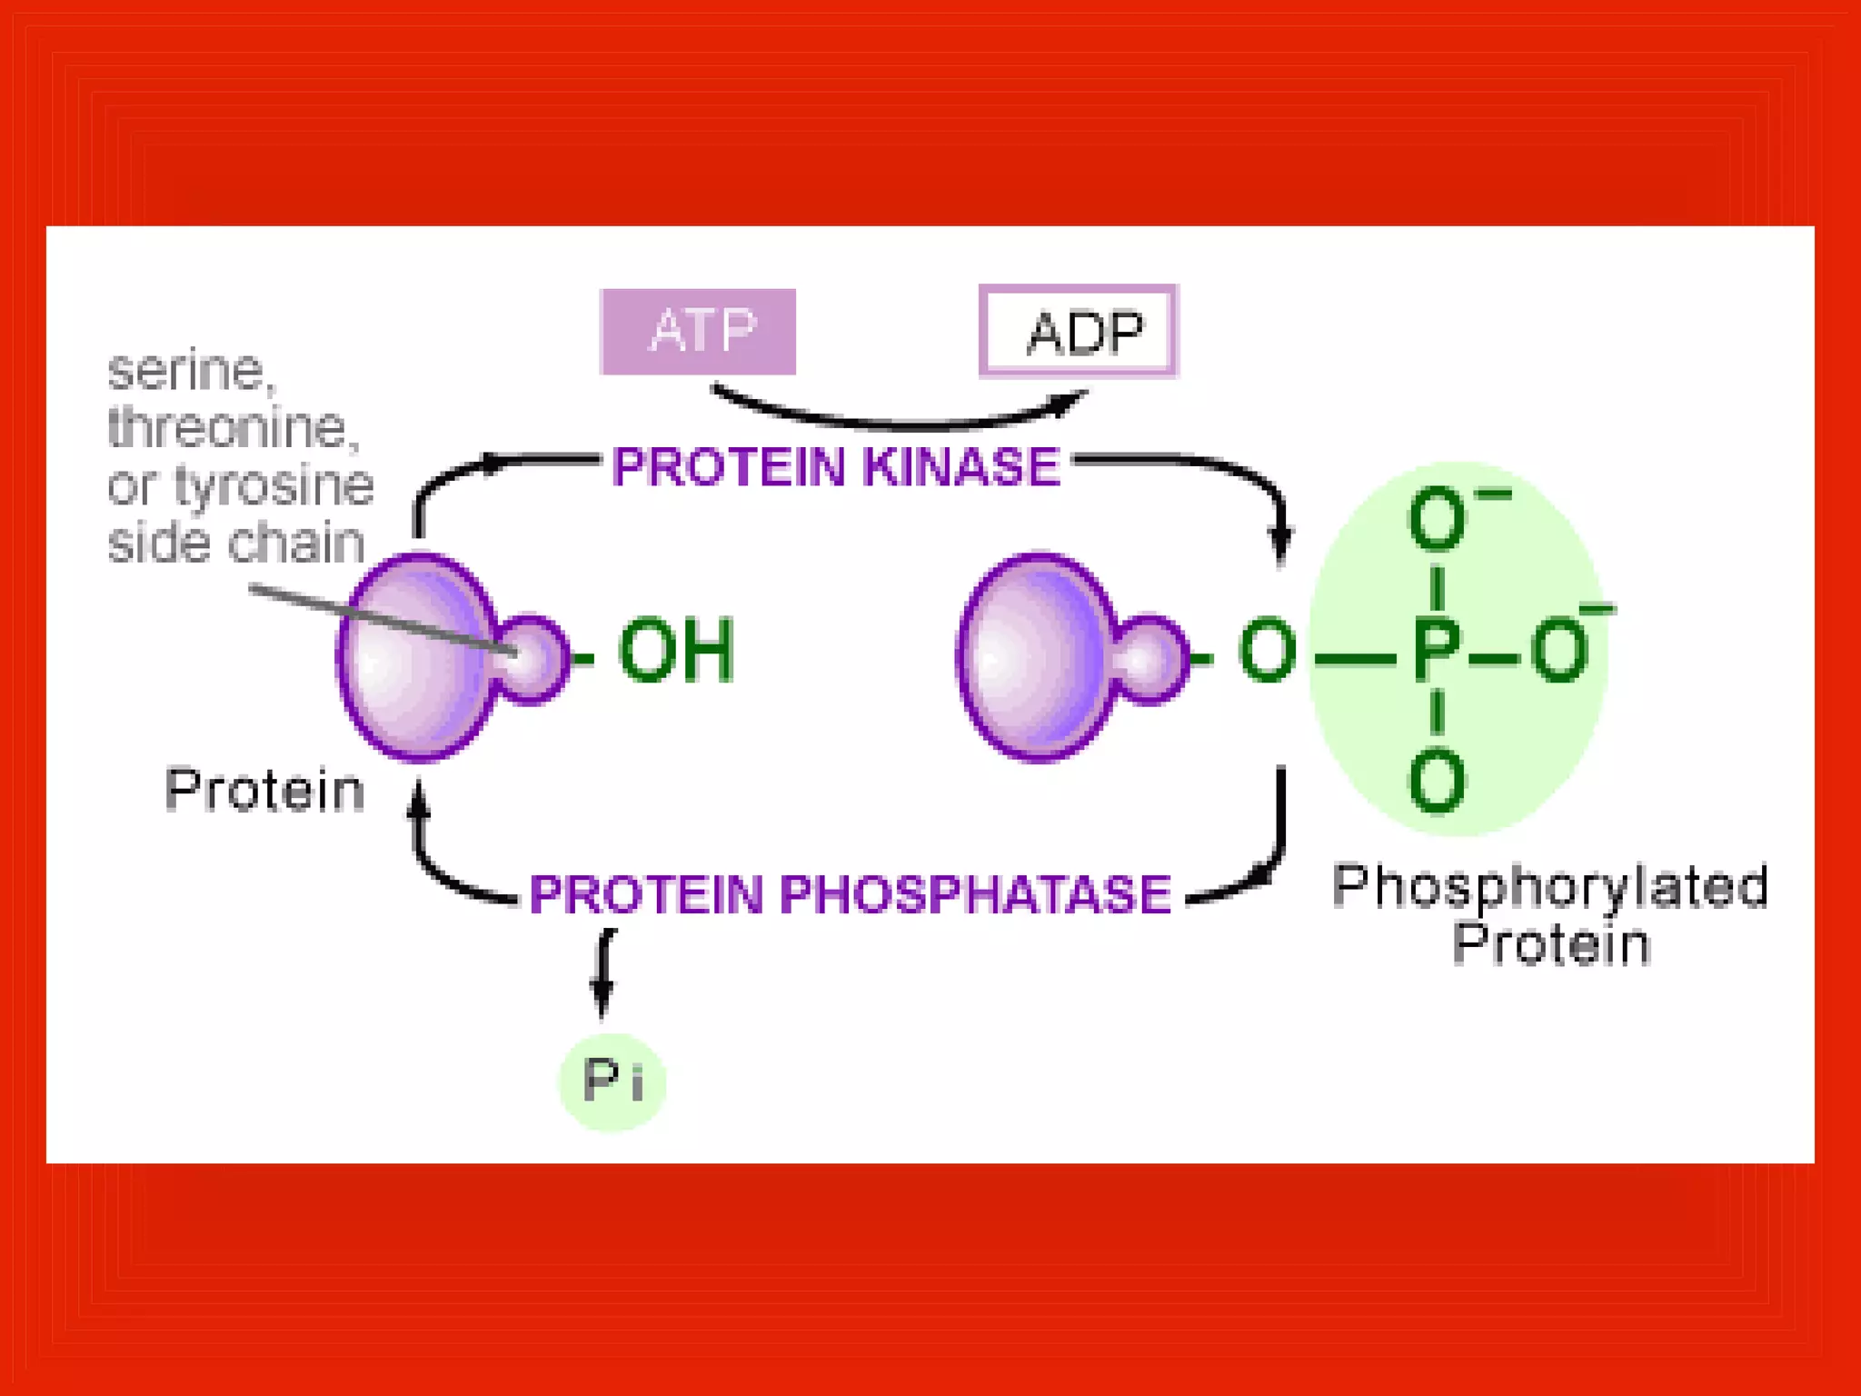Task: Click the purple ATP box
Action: pos(698,331)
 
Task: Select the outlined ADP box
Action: pos(1079,331)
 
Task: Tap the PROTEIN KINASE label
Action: pos(836,466)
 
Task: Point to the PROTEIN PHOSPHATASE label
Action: pos(851,894)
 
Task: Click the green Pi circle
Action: pos(612,1082)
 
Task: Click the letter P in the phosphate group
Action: pos(1437,651)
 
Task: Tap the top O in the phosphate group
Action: pos(1437,519)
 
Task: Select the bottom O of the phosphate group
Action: pos(1437,782)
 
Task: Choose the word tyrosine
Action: pos(273,486)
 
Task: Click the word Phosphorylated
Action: pos(1550,886)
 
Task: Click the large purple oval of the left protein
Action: pos(413,656)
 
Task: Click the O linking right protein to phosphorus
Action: pos(1267,651)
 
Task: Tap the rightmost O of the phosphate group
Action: pos(1559,651)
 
